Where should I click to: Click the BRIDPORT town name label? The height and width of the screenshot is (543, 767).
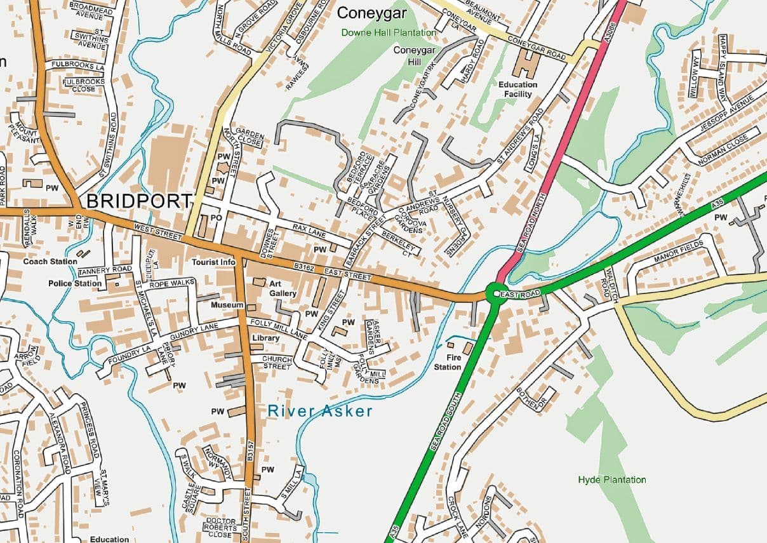point(138,201)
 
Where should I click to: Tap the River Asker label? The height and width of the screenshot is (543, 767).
point(320,412)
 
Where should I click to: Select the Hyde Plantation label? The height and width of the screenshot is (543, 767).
point(612,479)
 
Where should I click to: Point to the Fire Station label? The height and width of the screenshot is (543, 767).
point(448,363)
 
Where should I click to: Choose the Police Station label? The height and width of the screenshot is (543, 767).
point(75,283)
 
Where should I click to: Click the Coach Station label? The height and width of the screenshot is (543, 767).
point(50,261)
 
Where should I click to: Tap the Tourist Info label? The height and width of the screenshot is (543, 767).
point(214,262)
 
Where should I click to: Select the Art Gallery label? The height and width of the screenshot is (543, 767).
point(283,289)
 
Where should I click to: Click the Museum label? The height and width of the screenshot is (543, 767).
point(227,305)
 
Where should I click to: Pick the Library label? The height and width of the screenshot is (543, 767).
point(265,339)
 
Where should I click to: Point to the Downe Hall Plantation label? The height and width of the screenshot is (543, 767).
point(389,32)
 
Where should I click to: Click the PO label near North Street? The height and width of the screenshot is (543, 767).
point(215,218)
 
